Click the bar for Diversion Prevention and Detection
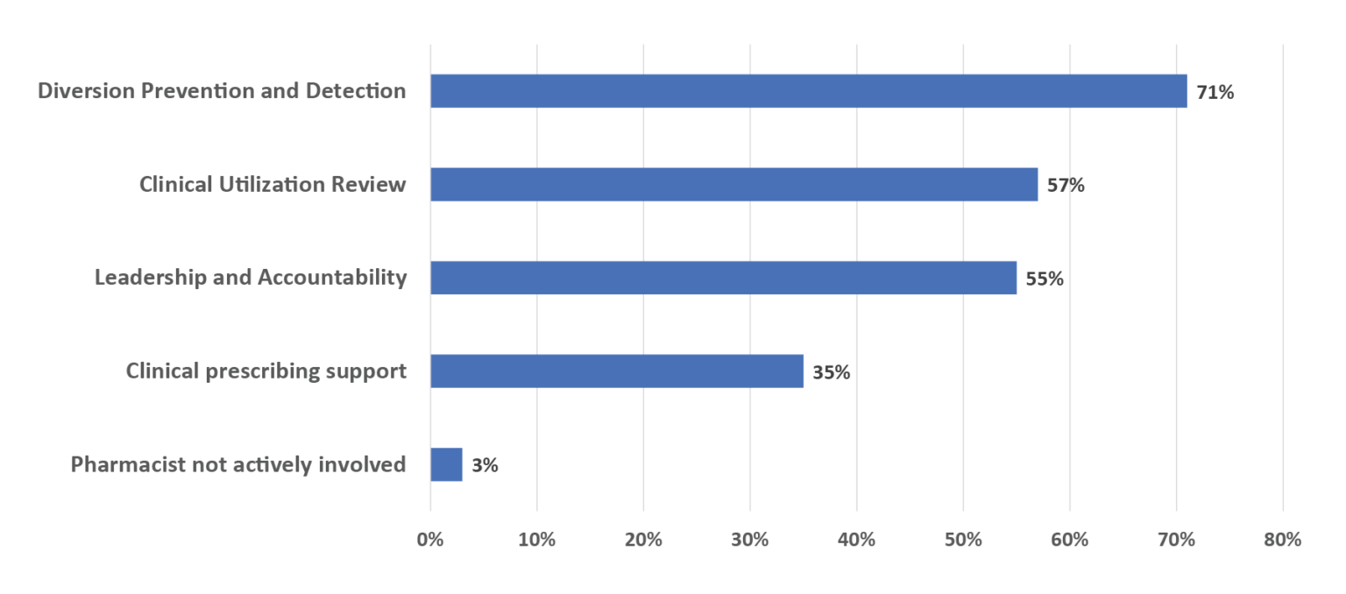(x=808, y=91)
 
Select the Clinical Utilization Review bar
(x=733, y=185)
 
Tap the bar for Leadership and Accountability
(x=723, y=278)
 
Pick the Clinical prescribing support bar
(x=616, y=371)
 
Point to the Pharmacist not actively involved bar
(x=446, y=464)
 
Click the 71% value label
(x=1215, y=92)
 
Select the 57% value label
(x=1066, y=186)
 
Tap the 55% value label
(x=1045, y=279)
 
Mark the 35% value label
(x=831, y=372)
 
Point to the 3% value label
(x=485, y=466)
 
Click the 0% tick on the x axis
(x=430, y=540)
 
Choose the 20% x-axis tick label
(x=643, y=540)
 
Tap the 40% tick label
(x=856, y=540)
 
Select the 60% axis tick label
(x=1069, y=540)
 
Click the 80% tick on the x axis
(x=1283, y=540)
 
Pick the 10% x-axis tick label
(x=536, y=540)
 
